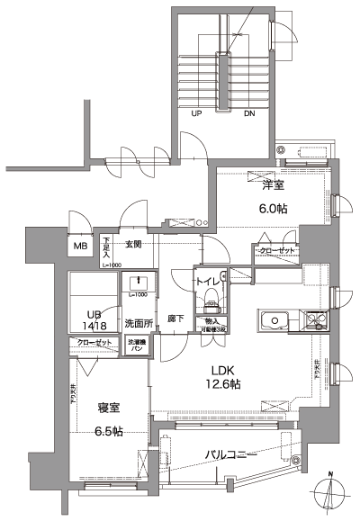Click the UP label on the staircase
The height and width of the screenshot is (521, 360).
pos(196,114)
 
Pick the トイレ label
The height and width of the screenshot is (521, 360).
pos(208,280)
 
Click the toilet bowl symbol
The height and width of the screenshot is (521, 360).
pos(209,296)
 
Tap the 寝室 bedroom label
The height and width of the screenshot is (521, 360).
pos(108,407)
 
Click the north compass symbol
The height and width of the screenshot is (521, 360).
pos(332,493)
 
